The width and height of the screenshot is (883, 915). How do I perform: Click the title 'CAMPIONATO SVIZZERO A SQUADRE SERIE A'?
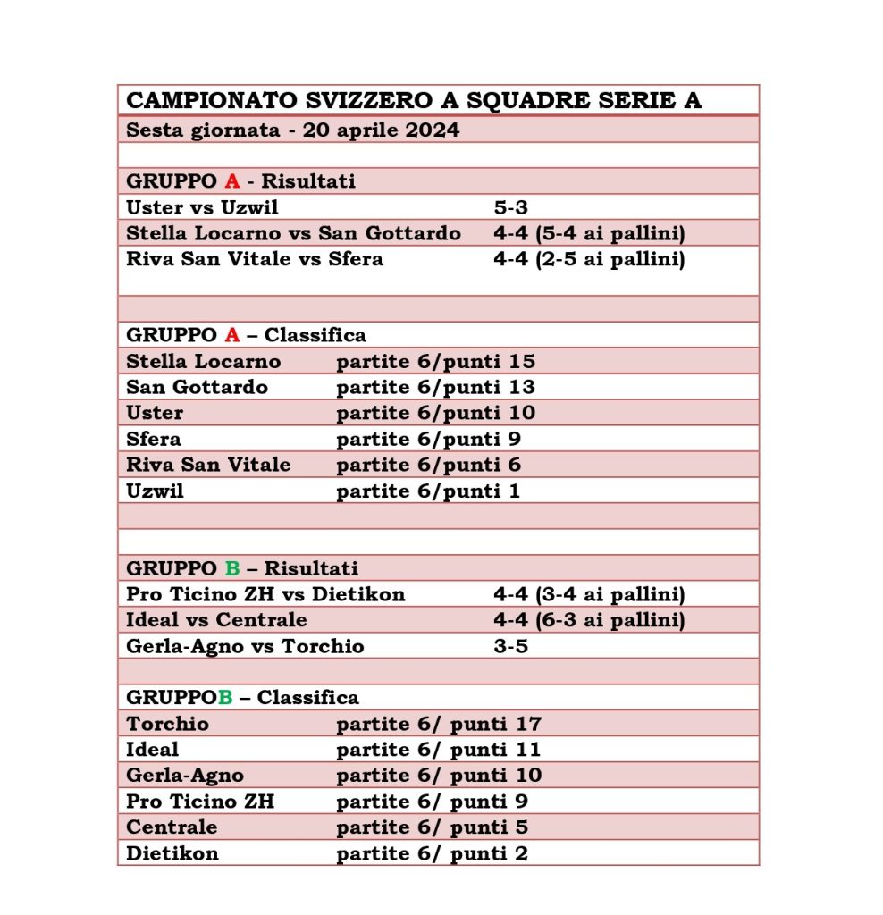tap(414, 100)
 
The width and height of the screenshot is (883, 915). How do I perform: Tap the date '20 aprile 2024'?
tap(381, 130)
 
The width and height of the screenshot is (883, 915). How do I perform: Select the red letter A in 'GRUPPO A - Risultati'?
tap(231, 181)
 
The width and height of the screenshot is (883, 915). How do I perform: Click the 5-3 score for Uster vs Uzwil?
tap(511, 207)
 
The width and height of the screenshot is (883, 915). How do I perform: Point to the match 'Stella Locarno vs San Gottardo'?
tap(294, 233)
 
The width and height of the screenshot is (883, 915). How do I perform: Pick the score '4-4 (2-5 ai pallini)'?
tap(589, 259)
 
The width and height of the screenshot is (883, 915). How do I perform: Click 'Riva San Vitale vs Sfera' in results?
tap(255, 259)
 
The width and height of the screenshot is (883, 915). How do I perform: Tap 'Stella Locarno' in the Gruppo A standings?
tap(204, 361)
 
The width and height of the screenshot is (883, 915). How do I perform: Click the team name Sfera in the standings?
tap(154, 439)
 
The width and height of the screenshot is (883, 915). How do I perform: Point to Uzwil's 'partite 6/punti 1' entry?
tap(428, 491)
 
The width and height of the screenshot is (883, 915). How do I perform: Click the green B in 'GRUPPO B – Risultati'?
tap(232, 568)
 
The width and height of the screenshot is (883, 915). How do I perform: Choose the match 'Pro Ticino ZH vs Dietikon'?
tap(265, 594)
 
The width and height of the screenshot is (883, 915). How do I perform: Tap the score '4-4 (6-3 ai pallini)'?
tap(589, 620)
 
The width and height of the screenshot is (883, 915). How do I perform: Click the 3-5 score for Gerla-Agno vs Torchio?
tap(511, 646)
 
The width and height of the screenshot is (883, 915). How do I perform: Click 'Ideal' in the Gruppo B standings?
tap(153, 750)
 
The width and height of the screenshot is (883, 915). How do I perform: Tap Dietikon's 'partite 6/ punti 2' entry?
tap(432, 853)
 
